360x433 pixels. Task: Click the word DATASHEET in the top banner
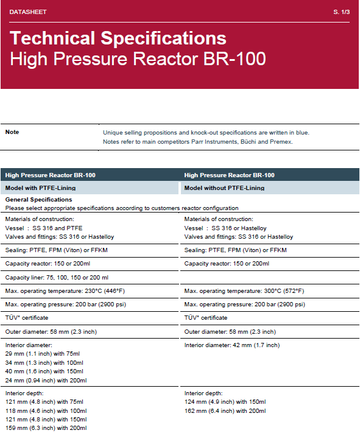[27, 12]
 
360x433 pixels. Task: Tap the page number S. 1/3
[342, 12]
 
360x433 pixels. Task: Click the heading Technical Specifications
[118, 38]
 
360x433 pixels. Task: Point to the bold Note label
[12, 132]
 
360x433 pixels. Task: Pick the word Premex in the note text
[282, 142]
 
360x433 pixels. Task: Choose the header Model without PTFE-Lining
[224, 188]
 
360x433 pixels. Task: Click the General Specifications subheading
[38, 199]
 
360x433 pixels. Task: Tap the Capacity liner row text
[57, 277]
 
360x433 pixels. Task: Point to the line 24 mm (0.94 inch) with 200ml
[46, 380]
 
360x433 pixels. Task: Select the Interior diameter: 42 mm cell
[231, 345]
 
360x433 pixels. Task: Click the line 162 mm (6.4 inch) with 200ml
[225, 410]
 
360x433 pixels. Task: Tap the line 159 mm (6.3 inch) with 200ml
[46, 428]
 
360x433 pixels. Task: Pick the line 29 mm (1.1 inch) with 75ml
[43, 354]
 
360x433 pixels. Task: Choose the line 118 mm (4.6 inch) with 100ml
[46, 410]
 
